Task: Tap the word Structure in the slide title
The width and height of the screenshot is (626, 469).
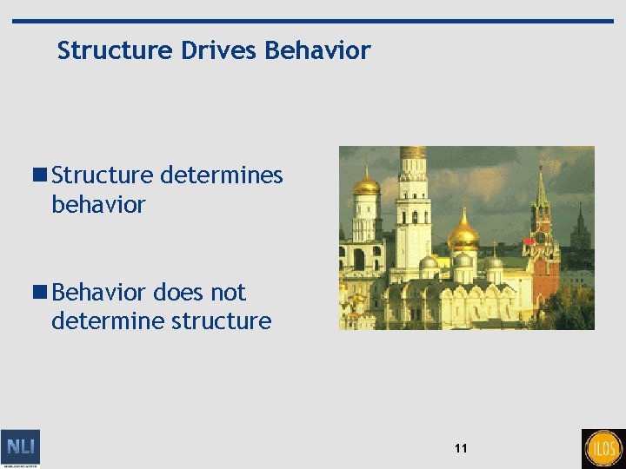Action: (x=117, y=51)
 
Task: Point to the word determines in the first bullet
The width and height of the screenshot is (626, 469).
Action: (x=222, y=175)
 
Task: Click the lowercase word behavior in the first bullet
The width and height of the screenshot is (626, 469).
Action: (x=98, y=205)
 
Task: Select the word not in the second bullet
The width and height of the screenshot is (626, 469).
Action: (x=228, y=292)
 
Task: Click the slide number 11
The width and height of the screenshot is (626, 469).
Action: (x=460, y=448)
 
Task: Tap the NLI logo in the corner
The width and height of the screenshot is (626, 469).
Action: (x=21, y=448)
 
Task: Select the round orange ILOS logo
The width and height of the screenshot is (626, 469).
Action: (x=603, y=448)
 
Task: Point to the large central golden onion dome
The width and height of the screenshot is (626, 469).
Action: (x=463, y=234)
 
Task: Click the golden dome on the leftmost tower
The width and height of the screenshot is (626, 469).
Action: (x=366, y=185)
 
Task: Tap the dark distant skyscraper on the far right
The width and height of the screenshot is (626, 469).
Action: (x=580, y=232)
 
